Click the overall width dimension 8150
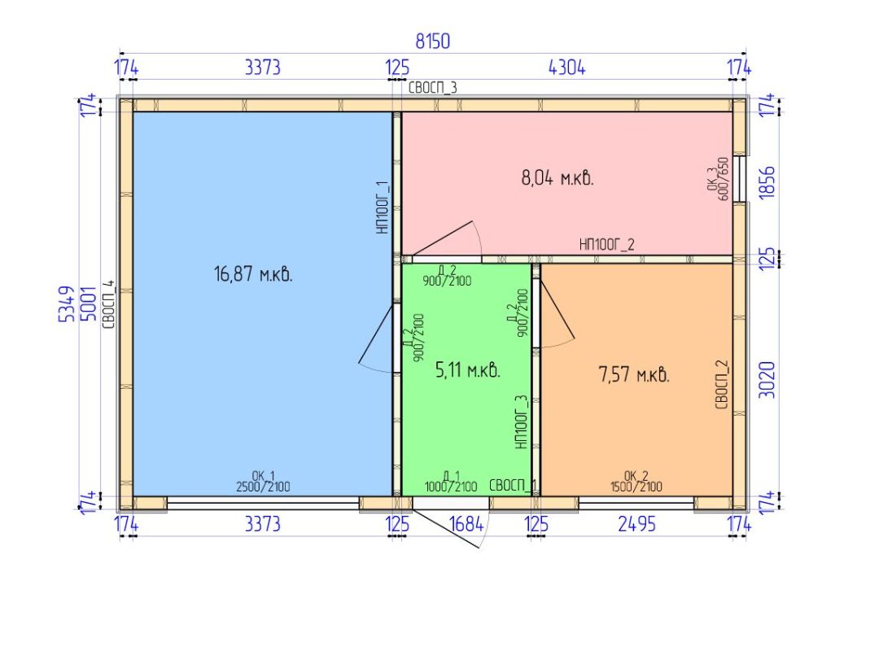point(432,41)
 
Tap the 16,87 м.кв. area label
point(253,274)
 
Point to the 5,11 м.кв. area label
point(467,370)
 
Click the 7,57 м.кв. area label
point(634,373)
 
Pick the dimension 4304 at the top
point(566,68)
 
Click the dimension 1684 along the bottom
point(466,524)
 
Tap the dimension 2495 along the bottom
point(636,524)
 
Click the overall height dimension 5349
point(67,303)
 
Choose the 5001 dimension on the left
point(89,303)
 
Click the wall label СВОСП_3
point(432,87)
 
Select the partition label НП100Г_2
point(606,244)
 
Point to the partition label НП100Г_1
point(383,207)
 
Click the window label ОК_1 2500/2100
point(263,482)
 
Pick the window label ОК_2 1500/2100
point(636,482)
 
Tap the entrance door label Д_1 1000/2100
point(451,482)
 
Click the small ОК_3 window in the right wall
point(741,179)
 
